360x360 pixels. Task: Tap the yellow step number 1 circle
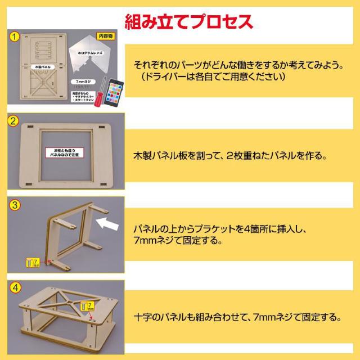[14, 38]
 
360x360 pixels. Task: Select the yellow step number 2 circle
[14, 121]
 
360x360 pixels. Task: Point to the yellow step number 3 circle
[14, 204]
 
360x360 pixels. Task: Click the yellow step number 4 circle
[14, 287]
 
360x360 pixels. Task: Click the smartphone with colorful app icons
[115, 92]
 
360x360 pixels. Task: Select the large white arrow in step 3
[109, 225]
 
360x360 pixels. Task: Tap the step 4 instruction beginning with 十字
[238, 316]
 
